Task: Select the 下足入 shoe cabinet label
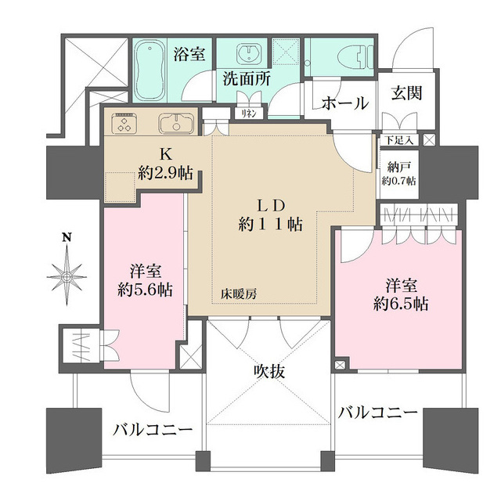tap(400, 139)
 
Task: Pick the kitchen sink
tap(174, 124)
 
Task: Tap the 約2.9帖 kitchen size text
tap(166, 173)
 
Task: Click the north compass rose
tap(68, 274)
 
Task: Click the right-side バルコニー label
tap(378, 413)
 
